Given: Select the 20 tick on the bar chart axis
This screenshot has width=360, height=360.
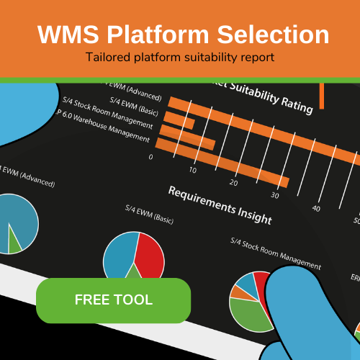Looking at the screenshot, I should (x=233, y=182).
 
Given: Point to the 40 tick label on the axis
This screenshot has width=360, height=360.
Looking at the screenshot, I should (x=316, y=208).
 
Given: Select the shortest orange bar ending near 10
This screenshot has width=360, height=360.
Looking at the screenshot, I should (x=180, y=123).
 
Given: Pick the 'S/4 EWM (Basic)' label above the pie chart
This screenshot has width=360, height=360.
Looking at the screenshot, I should (x=149, y=214).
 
